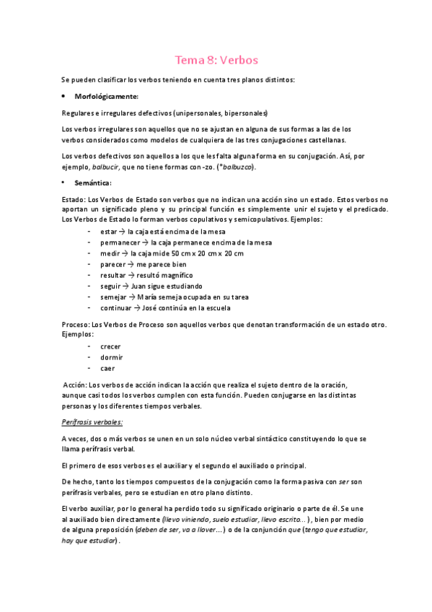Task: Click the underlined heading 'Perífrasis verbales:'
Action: click(x=93, y=421)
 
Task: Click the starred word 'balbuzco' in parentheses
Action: click(x=238, y=167)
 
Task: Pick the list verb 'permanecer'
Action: click(x=120, y=242)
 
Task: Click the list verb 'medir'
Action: click(x=110, y=253)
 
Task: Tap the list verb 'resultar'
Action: click(x=113, y=276)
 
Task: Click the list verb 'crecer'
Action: click(x=111, y=346)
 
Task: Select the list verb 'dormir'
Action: click(x=112, y=357)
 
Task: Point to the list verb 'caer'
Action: click(x=108, y=369)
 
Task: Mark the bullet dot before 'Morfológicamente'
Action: click(x=65, y=96)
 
